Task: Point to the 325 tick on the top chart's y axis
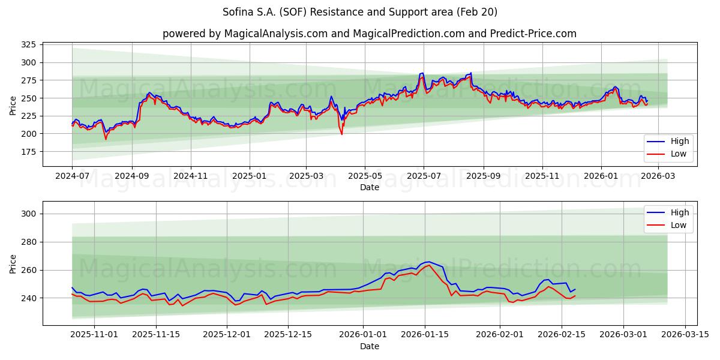coord(28,45)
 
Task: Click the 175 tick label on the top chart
coord(28,152)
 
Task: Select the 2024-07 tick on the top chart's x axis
coord(72,176)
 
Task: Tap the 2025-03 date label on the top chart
coord(306,176)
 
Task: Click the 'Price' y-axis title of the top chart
coord(13,106)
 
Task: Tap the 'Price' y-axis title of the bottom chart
coord(13,263)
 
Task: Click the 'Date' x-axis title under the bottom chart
coord(369,346)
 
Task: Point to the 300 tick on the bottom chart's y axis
coord(28,214)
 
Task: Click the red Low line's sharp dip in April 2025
coord(342,134)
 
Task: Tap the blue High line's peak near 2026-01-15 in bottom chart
coord(428,262)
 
